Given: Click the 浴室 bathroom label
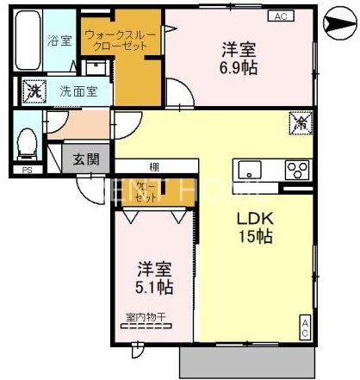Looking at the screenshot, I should coord(59,40).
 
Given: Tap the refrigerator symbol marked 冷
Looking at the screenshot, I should coord(298,124).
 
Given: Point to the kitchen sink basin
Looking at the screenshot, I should coord(251,168).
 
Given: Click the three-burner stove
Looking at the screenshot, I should coord(297,168).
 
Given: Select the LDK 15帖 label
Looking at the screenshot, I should coord(256,227).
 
